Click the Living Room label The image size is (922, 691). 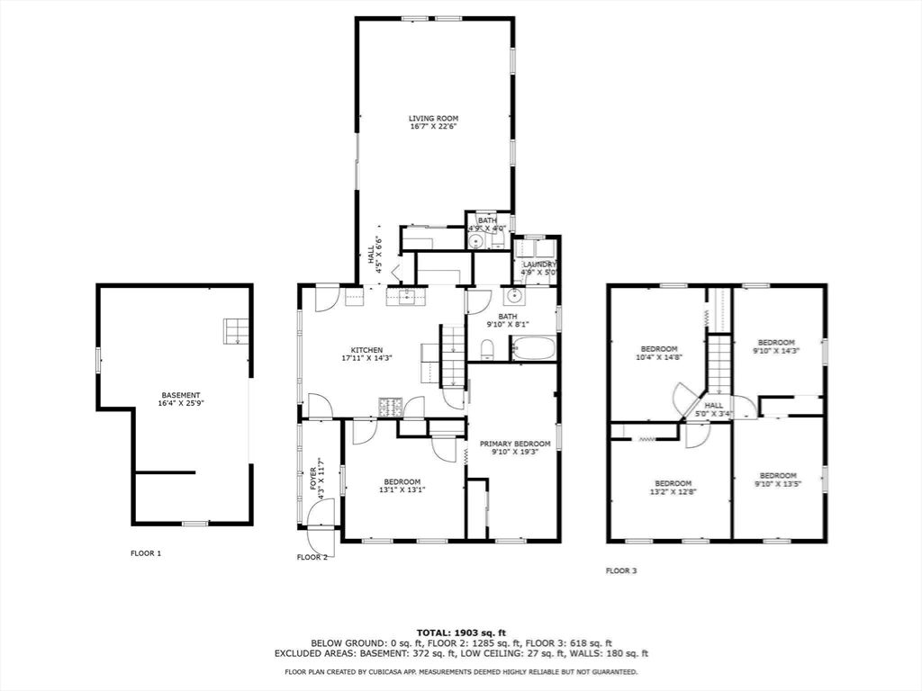click(x=433, y=118)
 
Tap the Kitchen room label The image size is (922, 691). click(x=367, y=350)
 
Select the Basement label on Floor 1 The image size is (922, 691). click(x=180, y=396)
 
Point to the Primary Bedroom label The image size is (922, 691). click(x=515, y=444)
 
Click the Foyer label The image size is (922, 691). click(x=312, y=479)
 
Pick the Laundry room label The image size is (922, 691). click(x=539, y=265)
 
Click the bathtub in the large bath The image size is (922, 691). click(x=533, y=348)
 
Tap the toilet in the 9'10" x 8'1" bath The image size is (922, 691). click(x=487, y=351)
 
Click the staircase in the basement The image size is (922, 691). click(x=236, y=331)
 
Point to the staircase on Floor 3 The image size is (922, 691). click(x=718, y=363)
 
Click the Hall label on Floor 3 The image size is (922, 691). click(x=714, y=406)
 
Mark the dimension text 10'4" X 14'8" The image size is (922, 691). click(x=658, y=356)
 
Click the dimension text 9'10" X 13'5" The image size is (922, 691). click(x=778, y=483)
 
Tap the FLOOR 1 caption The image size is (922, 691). click(x=146, y=553)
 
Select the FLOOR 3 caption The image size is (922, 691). click(x=621, y=570)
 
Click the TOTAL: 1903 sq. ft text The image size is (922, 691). click(x=461, y=633)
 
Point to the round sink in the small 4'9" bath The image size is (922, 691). click(x=475, y=241)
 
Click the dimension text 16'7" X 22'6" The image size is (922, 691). click(x=433, y=126)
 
